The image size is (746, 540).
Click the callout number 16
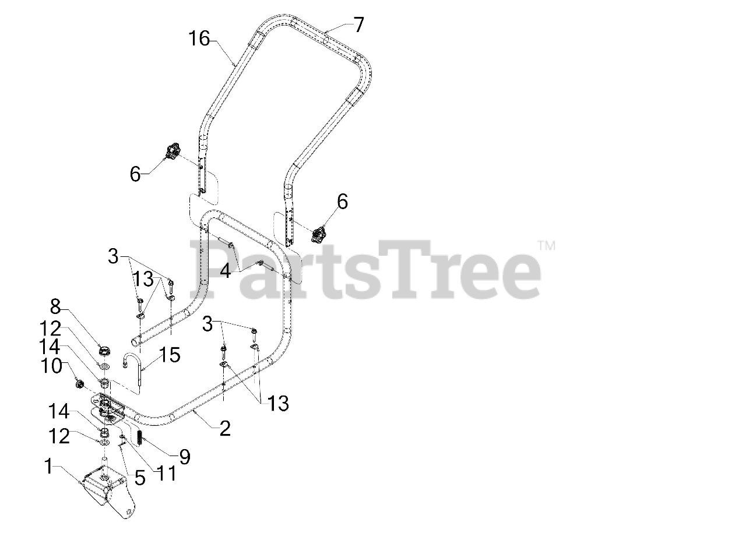pos(199,40)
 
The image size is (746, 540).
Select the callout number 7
pos(358,24)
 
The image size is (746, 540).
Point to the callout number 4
pos(225,270)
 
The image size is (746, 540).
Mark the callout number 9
pos(184,457)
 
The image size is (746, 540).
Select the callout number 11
pos(164,473)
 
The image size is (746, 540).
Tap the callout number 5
pos(139,478)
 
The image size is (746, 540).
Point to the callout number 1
pos(51,466)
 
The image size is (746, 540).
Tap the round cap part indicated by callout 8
pos(105,351)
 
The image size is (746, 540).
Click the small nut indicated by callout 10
pos(80,384)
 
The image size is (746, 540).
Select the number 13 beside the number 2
pos(277,403)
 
